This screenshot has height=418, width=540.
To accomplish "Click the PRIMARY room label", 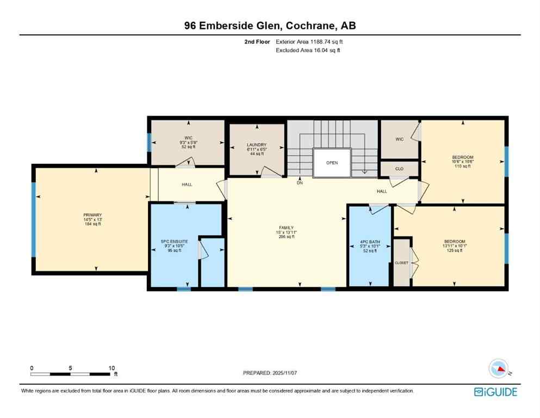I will (x=92, y=215).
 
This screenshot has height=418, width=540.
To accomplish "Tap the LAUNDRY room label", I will (x=256, y=145).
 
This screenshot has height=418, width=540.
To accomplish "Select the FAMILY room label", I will (x=287, y=228).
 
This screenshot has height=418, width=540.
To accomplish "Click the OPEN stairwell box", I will (x=332, y=162).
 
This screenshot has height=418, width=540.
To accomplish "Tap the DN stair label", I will (x=300, y=183).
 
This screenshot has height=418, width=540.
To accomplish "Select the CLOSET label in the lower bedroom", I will (x=401, y=263).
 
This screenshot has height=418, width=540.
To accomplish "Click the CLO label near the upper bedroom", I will (x=399, y=169).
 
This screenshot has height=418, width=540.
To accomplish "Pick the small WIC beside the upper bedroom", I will (x=399, y=139).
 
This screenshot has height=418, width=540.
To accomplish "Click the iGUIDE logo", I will (x=495, y=391).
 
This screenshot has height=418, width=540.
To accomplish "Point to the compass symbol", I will (x=499, y=368).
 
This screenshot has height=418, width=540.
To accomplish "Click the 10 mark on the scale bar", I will (x=111, y=367).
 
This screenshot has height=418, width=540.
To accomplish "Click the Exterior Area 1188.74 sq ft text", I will (x=309, y=41).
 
